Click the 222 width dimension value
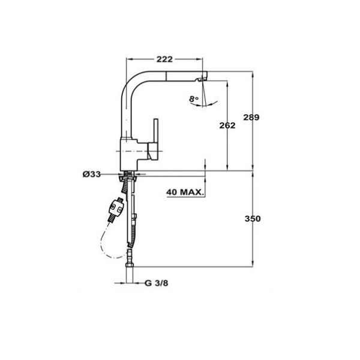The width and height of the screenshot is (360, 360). [164, 59]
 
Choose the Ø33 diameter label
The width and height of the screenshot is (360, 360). [92, 175]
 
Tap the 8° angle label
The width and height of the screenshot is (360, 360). [193, 98]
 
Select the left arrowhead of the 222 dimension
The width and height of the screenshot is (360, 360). [127, 59]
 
